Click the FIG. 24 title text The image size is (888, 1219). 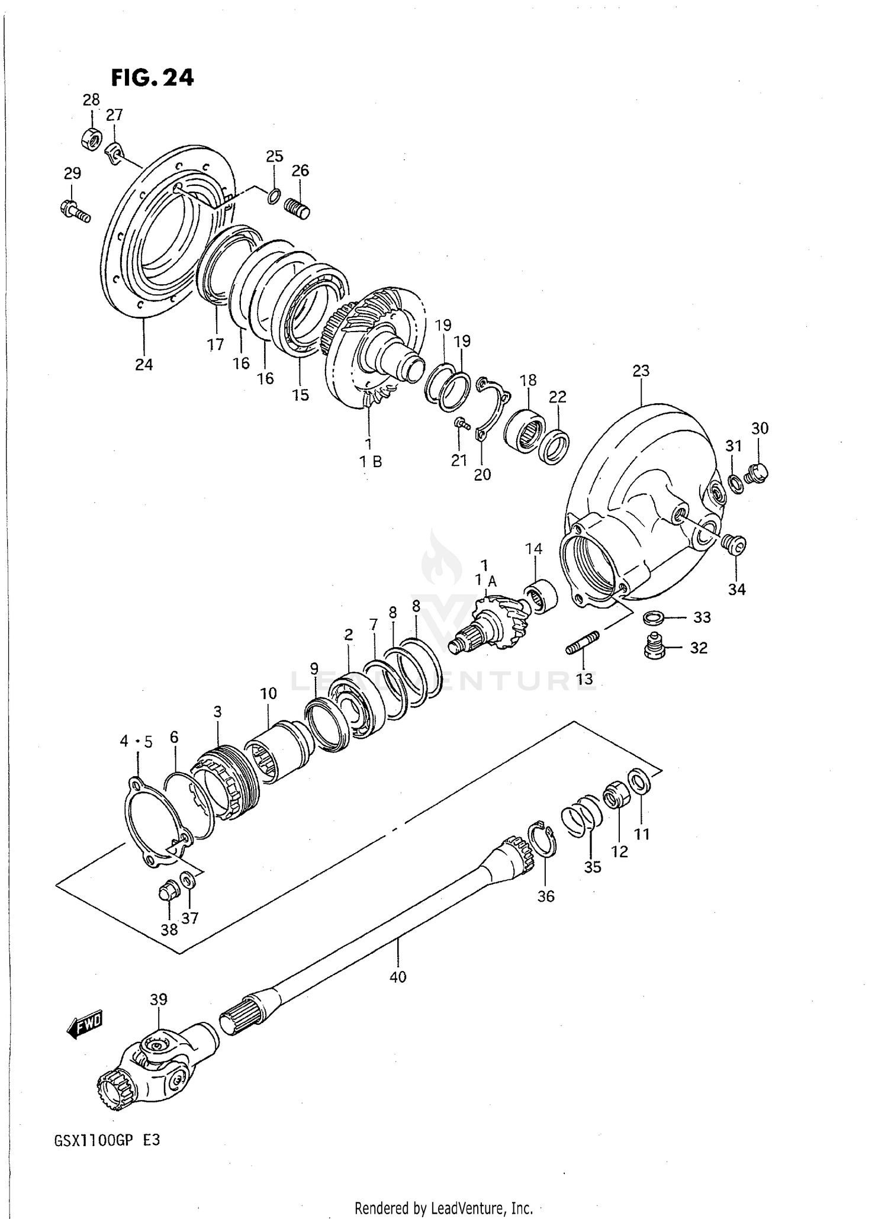152,78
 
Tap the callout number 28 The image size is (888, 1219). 91,99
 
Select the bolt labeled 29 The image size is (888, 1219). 75,211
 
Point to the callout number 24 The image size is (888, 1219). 144,365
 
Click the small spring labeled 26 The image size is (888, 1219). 298,208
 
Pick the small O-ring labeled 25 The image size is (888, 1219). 274,196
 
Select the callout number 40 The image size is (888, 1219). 398,977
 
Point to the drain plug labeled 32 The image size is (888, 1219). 654,647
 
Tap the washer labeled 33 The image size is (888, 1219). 653,617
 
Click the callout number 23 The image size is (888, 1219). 641,371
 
